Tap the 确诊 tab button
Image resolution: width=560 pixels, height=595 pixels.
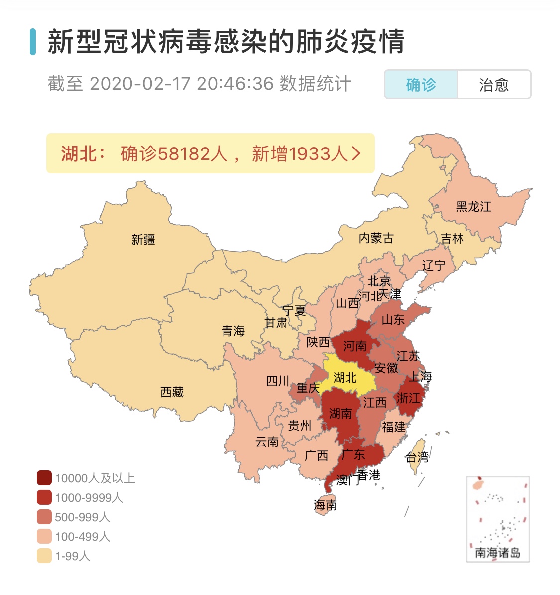click(421, 85)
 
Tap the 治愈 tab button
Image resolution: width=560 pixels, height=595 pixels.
click(494, 85)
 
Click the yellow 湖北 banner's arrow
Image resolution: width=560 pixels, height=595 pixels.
click(356, 153)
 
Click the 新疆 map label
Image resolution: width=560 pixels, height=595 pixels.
click(143, 240)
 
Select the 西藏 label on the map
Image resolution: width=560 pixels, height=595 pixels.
click(172, 392)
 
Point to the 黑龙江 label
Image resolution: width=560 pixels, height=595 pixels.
click(473, 206)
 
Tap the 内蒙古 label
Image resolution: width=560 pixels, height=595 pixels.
click(376, 238)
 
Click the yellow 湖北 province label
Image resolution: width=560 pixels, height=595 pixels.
click(345, 378)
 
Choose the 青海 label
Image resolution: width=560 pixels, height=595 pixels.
click(233, 331)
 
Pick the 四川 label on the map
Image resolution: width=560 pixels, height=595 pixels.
click(278, 381)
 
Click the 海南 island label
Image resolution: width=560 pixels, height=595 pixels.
click(325, 505)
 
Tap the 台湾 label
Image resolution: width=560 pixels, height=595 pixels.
click(417, 457)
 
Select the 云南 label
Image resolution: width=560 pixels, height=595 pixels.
click(267, 442)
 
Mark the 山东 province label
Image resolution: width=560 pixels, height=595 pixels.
click(393, 320)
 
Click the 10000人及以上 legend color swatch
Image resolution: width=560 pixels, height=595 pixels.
click(44, 478)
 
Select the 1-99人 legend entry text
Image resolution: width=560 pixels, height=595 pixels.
click(73, 556)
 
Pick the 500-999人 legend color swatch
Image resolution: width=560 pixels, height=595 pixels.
click(44, 517)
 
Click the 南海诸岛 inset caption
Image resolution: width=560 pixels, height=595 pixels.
click(497, 552)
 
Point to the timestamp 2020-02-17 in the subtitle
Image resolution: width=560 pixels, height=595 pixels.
click(140, 84)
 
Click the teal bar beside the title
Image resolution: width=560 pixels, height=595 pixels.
click(33, 42)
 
